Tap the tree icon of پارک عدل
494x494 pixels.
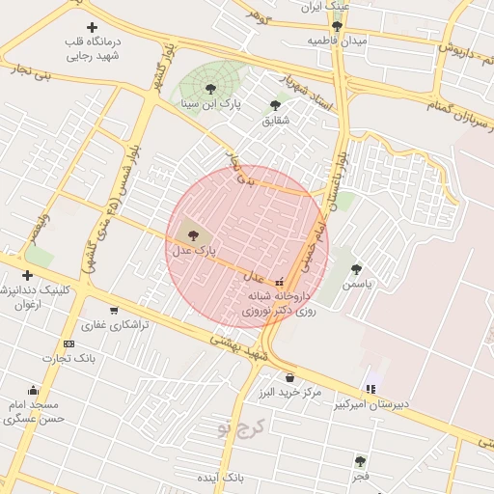point(192,234)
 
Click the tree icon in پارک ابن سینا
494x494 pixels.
point(210,89)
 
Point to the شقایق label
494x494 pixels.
point(275,121)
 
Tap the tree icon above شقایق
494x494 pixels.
point(275,105)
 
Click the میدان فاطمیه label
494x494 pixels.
point(338,41)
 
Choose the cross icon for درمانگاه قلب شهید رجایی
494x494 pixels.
point(92,27)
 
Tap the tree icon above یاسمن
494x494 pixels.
point(356,269)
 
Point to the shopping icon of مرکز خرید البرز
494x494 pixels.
point(289,377)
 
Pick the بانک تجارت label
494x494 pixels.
point(69,359)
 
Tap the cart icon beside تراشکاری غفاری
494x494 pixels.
point(114,311)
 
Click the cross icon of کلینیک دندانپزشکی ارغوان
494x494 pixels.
point(27,275)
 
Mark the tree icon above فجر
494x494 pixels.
point(360,461)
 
